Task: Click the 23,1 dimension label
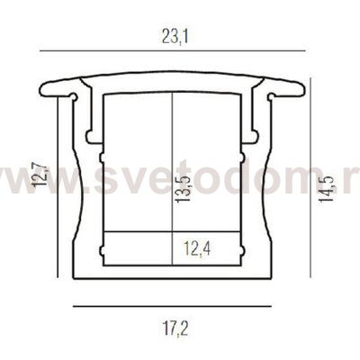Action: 175,37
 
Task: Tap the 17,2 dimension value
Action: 175,328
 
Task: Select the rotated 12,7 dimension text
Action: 40,174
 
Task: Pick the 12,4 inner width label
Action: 197,249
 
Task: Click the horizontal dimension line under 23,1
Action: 173,51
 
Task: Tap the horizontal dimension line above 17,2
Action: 172,306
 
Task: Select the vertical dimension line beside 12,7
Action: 58,188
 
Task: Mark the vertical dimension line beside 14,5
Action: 310,177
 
